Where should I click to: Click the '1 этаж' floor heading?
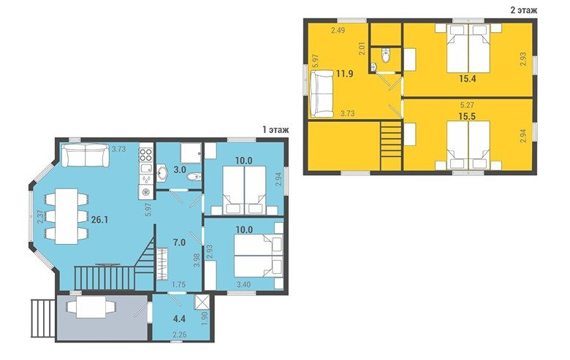[x=275, y=130]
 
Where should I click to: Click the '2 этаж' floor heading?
[x=523, y=10]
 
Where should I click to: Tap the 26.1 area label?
[x=100, y=220]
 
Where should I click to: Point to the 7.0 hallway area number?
[x=180, y=242]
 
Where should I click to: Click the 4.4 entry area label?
[x=180, y=319]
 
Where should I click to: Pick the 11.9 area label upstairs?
[x=345, y=74]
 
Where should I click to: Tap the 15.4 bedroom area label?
[x=468, y=78]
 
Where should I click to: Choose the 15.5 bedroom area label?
[x=468, y=116]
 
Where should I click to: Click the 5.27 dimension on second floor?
[x=468, y=105]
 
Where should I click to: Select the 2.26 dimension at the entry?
[x=180, y=334]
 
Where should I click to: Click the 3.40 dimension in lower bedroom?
[x=243, y=285]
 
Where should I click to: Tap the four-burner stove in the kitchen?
[x=145, y=154]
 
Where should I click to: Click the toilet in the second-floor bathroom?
[x=386, y=55]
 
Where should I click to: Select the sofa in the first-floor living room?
[x=85, y=155]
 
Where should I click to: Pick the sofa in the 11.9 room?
[x=322, y=94]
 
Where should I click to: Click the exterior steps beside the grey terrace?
[x=43, y=318]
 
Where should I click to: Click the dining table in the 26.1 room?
[x=67, y=216]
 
